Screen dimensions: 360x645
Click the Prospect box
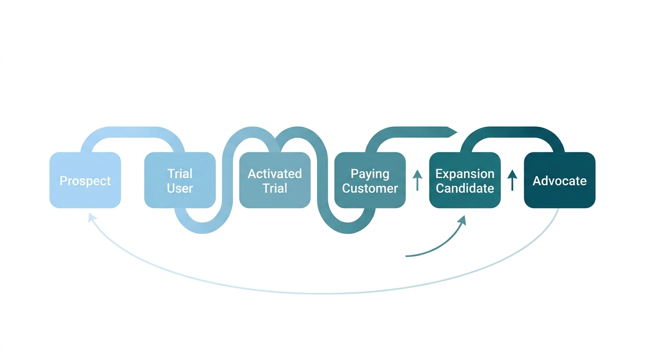[85, 180]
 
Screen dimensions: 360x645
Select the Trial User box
[180, 180]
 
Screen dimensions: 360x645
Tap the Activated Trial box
[275, 180]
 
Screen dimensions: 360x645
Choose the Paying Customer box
[370, 180]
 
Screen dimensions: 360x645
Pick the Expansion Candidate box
[465, 180]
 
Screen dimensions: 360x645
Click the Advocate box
[559, 180]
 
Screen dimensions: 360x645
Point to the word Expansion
[465, 173]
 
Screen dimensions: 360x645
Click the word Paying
[370, 173]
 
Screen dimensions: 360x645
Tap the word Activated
[275, 173]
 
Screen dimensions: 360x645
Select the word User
[180, 188]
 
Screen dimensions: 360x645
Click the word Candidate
[465, 188]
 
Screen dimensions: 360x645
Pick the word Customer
[370, 188]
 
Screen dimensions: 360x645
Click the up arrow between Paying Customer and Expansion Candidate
[417, 180]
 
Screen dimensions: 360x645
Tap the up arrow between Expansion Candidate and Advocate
[512, 180]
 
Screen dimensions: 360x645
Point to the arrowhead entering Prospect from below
[92, 217]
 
